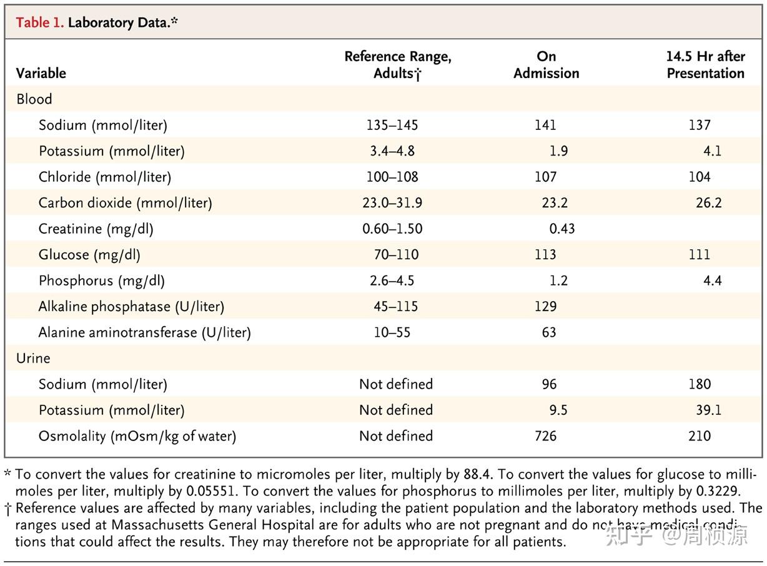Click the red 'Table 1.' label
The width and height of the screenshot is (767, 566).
[x=39, y=23]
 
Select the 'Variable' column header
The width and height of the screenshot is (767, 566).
[x=41, y=73]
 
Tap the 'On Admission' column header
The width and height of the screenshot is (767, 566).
[x=546, y=65]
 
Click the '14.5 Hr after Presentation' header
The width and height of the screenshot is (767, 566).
[x=705, y=65]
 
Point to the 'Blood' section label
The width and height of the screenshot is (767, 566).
[x=34, y=99]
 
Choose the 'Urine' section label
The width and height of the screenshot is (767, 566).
[x=33, y=359]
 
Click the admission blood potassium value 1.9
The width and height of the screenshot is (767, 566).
[x=558, y=151]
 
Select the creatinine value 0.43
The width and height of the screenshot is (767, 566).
[x=562, y=229]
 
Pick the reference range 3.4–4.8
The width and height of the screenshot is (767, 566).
[x=392, y=151]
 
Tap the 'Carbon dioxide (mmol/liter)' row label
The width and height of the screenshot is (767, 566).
[x=125, y=203]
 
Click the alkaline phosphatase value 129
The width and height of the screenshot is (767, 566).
[x=545, y=307]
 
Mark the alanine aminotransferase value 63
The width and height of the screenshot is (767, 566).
[x=549, y=332]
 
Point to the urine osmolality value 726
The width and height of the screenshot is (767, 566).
[x=545, y=436]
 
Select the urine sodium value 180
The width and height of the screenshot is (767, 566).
[x=700, y=384]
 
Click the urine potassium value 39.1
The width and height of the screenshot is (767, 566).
[x=708, y=410]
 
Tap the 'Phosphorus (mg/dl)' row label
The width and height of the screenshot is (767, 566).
[x=102, y=281]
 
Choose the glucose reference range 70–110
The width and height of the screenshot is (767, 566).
[x=396, y=255]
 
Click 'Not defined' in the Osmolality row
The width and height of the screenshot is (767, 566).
[x=395, y=436]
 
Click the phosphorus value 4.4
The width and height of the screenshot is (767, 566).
[x=712, y=281]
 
